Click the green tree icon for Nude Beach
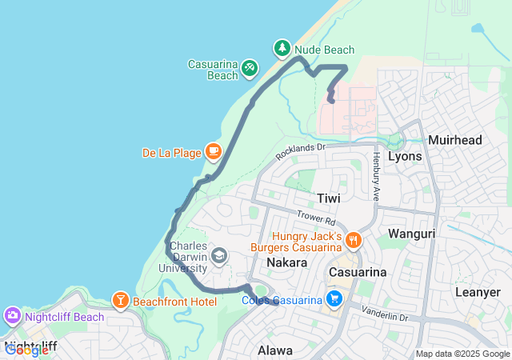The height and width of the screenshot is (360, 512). pos(282,49)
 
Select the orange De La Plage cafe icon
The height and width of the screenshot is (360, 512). pos(213,150)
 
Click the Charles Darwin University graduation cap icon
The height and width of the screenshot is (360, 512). pos(218,256)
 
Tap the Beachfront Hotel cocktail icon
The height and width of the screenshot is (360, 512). pos(119,301)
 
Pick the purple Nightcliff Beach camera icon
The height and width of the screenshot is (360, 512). pos(13,316)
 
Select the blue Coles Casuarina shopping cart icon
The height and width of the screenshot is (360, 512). pos(334,299)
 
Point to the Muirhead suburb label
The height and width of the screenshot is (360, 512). pos(455,140)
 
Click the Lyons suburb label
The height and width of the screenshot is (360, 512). pos(404,156)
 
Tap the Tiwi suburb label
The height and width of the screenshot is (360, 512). pos(328,198)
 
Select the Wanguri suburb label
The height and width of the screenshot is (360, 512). pos(410,234)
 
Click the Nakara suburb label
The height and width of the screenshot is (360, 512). pos(287,262)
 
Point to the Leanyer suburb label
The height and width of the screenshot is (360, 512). pos(478,292)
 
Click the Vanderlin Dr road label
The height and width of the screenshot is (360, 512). pos(384,313)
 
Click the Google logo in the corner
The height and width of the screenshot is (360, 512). pos(26,350)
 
